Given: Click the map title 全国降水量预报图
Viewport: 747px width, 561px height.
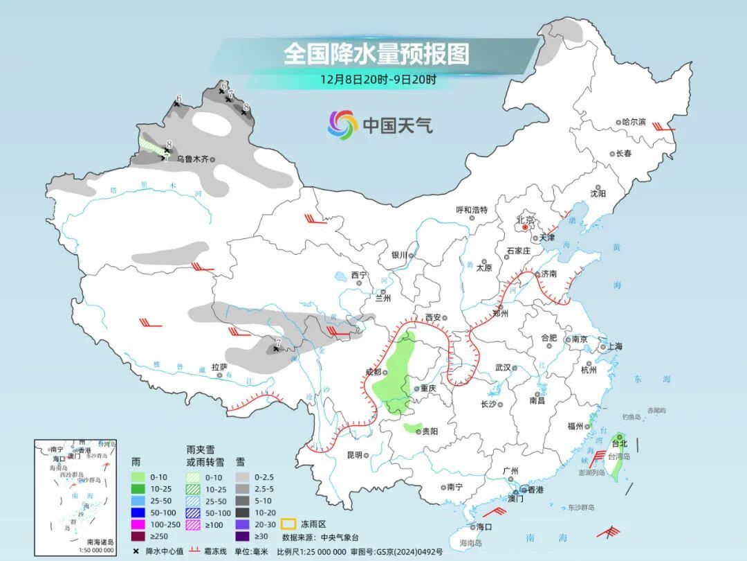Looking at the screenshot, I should point(376,53).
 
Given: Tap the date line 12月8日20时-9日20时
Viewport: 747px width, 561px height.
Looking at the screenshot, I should point(378,79).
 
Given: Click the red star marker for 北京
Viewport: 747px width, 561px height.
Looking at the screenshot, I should point(526,226).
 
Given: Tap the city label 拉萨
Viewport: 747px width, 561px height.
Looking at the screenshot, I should point(219,366).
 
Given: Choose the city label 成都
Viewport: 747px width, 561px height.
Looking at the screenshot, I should point(372,372).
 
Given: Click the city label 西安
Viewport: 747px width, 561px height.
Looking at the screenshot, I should point(433,317).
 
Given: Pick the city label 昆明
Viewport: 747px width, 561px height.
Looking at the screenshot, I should point(354,455).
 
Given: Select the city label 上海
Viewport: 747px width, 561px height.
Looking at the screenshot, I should point(614,346).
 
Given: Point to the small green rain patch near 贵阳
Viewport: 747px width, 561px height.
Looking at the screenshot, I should point(413,428).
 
